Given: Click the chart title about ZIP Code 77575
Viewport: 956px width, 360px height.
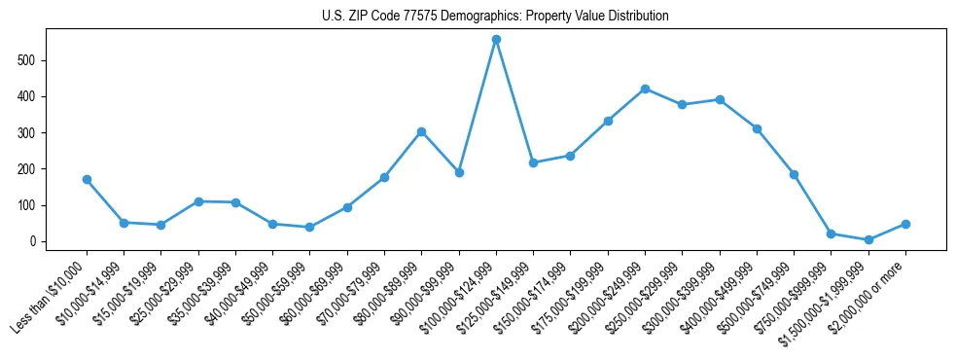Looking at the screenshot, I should pos(495,17).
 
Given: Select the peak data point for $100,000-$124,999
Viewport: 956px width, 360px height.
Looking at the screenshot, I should pos(496,40).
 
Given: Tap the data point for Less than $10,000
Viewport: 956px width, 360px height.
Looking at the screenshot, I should pos(87,179).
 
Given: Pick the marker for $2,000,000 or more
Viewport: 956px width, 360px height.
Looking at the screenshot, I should pos(905,224).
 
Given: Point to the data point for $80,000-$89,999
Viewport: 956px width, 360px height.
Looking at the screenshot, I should pos(421,131).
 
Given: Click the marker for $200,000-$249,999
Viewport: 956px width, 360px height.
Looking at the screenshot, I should pos(645,89).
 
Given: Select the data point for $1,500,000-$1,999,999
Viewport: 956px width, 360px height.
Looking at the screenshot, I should pos(868,239).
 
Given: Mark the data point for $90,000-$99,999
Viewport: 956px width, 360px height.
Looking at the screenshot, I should pos(459,172).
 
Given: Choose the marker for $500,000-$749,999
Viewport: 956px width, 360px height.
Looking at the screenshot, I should pos(794,174).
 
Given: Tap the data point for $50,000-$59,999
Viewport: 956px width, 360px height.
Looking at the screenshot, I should pos(309,227).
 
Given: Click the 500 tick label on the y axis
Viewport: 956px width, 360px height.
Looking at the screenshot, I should pos(34,60).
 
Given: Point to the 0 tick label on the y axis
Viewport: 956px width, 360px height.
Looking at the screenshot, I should pos(40,241).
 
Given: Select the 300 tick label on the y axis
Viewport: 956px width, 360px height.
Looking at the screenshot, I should pos(34,132).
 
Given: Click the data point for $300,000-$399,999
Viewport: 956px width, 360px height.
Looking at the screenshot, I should pos(720,99).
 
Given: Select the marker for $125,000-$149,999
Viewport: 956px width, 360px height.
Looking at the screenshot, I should pos(533,162).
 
